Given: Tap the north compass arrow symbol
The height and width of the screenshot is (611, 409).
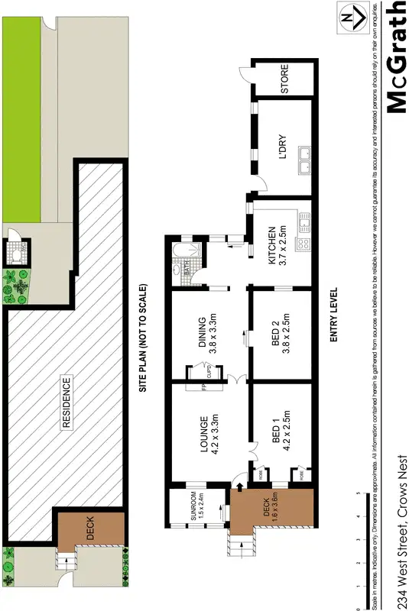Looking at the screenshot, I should [350, 17].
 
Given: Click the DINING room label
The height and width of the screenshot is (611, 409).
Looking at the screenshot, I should [209, 334].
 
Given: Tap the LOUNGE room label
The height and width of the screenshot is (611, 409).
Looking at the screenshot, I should [209, 432].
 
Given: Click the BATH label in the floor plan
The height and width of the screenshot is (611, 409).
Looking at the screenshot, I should [185, 268].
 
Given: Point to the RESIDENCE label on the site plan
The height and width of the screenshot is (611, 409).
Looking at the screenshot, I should [67, 402].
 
